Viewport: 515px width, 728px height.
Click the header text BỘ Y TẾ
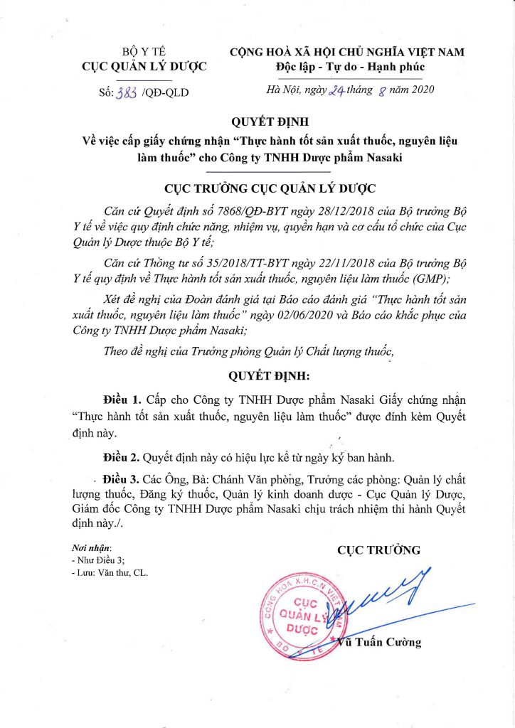pos(144,52)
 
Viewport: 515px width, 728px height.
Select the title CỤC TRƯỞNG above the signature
pos(378,550)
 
